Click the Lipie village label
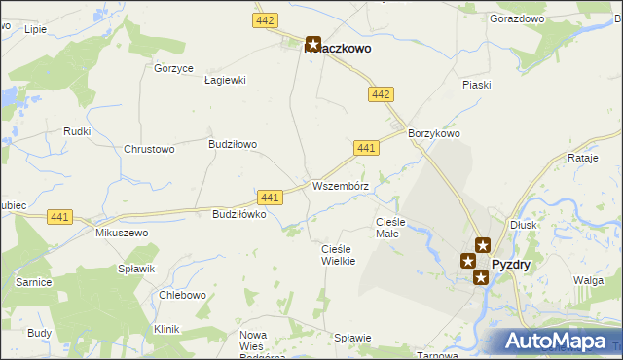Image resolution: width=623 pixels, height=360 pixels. tap(35, 29)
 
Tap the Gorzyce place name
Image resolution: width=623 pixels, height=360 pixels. tap(174, 68)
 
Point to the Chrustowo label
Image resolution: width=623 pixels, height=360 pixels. tap(149, 149)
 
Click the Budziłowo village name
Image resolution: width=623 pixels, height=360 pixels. tap(233, 144)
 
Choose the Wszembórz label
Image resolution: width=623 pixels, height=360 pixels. tap(340, 185)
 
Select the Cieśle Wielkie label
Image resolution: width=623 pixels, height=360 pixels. tap(338, 255)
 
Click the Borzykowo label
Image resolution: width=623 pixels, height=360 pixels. tap(433, 133)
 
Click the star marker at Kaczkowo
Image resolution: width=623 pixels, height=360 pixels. tap(313, 44)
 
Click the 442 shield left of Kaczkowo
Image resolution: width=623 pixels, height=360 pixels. tap(264, 20)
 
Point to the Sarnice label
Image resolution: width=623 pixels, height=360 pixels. tap(33, 281)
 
